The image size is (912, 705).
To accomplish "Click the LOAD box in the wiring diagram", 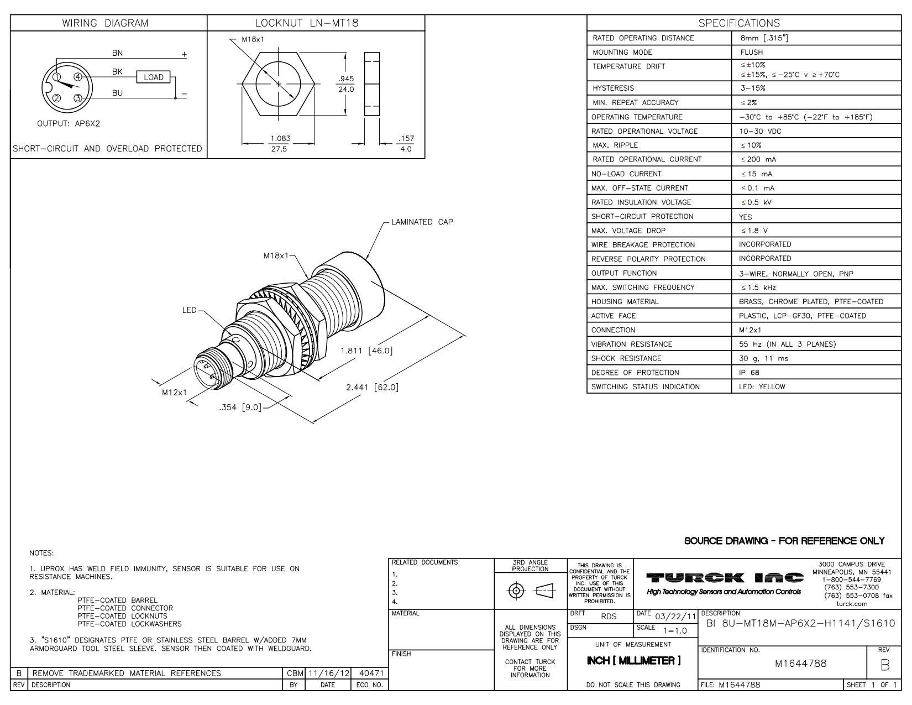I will coord(153,77).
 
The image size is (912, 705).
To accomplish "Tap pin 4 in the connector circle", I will coord(78,77).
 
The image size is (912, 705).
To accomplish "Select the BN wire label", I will coord(117,54).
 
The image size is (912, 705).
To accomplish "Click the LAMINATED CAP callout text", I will coord(422,222).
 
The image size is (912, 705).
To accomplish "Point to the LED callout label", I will coord(189,310).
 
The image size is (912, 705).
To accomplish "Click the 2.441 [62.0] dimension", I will coord(371,387).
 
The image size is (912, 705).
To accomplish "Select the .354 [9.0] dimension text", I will coord(240,408).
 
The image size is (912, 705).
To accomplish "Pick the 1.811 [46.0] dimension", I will coord(366,351).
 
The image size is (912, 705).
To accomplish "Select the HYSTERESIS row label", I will coord(613,88).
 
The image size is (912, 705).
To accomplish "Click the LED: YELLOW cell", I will coord(762,387).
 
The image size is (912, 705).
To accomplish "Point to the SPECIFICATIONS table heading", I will coord(739,23).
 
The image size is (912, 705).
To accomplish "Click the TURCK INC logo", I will coord(725,578).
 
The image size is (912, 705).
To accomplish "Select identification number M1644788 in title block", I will coord(800,664).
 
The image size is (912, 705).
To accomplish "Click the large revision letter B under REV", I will coord(885,666).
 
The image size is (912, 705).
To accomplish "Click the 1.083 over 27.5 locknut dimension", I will coord(280,143).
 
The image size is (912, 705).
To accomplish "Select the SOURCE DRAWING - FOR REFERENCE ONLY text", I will coord(784,541).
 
